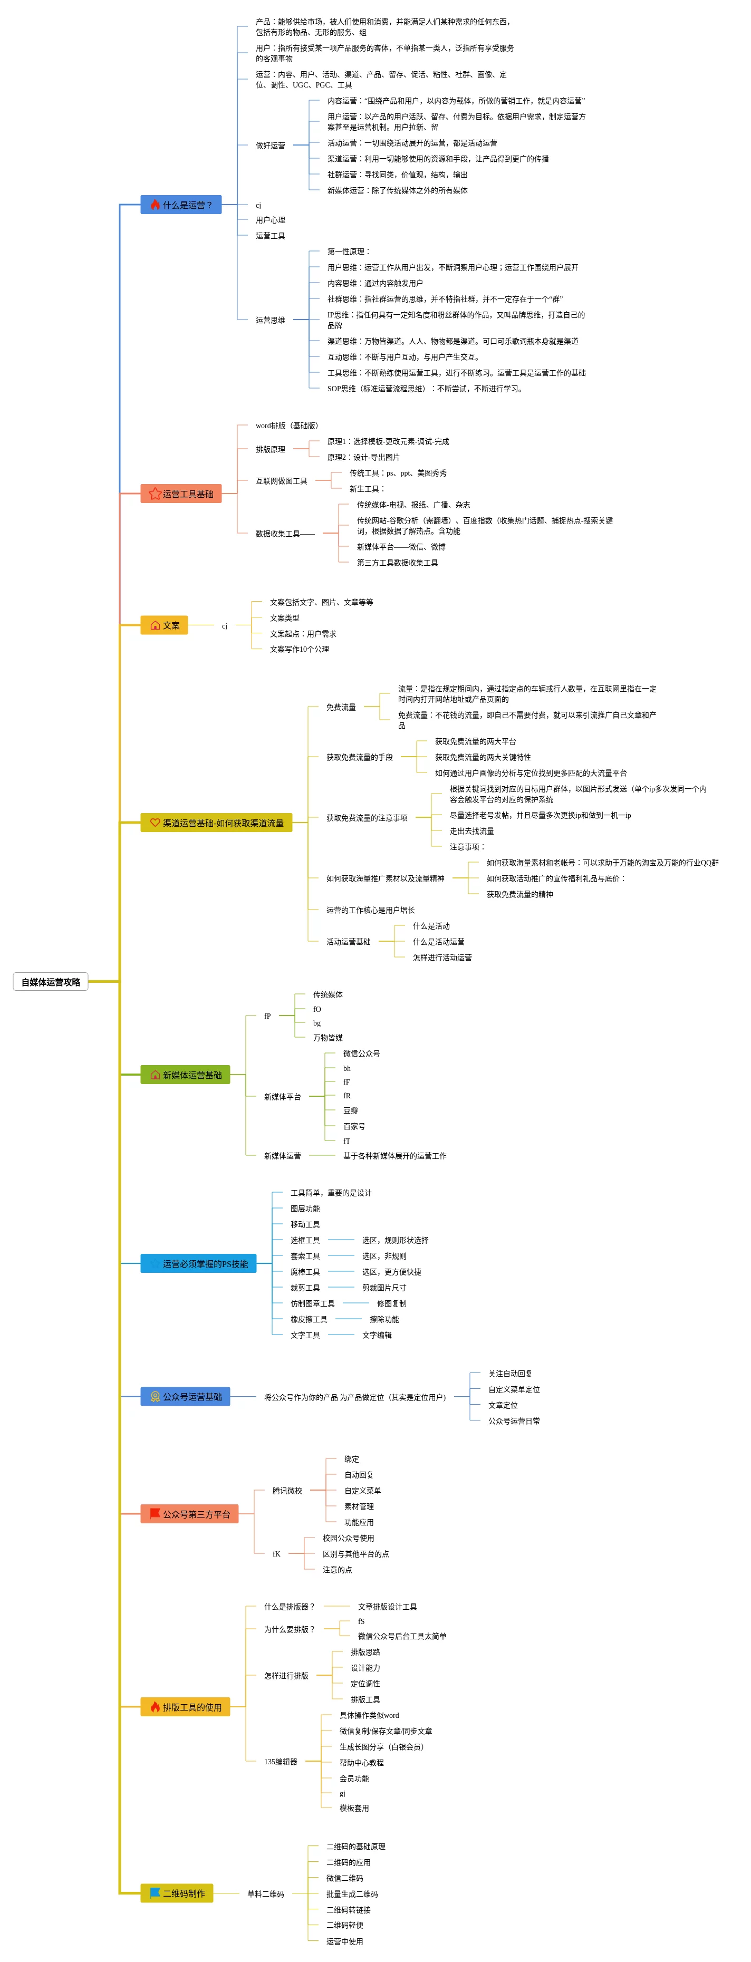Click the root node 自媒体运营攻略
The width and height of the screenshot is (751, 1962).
tap(50, 982)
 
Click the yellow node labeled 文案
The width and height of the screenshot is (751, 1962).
tap(164, 625)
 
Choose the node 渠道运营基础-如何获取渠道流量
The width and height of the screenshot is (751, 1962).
tap(216, 823)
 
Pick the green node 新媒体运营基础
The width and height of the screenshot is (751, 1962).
tap(185, 1075)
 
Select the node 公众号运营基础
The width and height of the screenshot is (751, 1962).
tap(185, 1396)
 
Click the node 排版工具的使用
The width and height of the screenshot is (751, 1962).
tap(185, 1707)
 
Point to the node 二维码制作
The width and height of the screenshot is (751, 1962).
tap(177, 1893)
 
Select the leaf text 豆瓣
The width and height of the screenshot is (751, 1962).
tap(350, 1110)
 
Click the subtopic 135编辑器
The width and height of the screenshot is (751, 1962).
tap(280, 1761)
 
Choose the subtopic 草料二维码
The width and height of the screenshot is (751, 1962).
tap(265, 1893)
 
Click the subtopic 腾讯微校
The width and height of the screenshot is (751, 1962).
tap(286, 1491)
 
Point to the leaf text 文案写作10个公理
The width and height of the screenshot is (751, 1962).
tap(300, 649)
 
